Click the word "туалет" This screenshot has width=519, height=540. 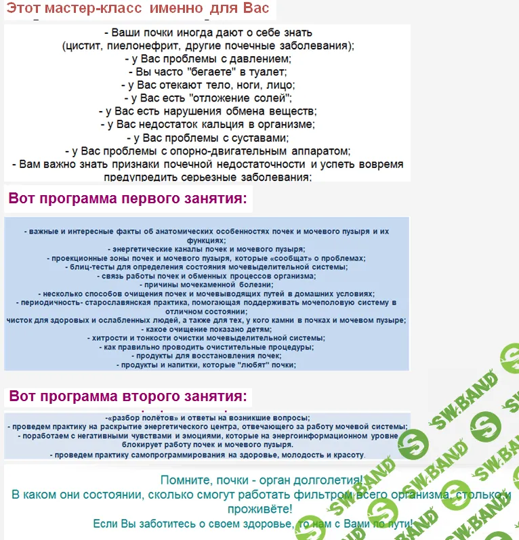pyautogui.click(x=270, y=72)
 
